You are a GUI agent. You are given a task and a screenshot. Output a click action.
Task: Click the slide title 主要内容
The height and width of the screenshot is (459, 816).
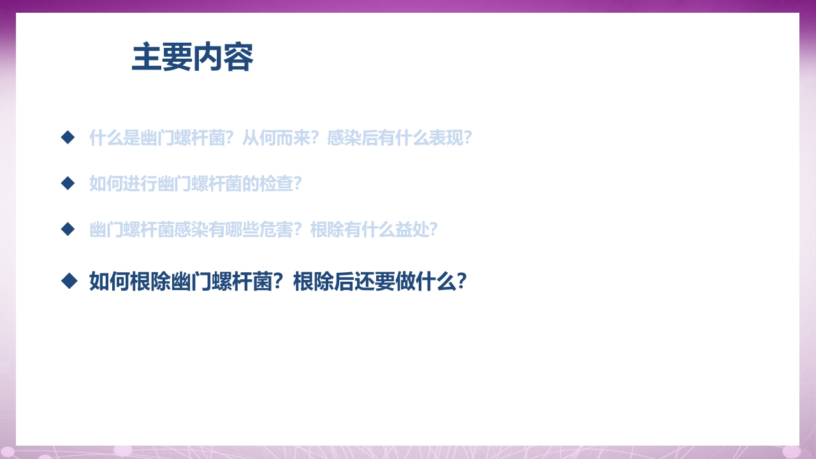click(x=193, y=58)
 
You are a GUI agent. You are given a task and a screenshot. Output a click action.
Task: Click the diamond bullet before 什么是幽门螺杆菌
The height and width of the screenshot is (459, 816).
click(x=68, y=137)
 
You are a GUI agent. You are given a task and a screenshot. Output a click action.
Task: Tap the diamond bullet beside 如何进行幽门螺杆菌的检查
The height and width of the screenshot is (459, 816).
click(x=68, y=184)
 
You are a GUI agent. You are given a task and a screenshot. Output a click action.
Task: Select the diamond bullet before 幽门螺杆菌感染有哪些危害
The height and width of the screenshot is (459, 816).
click(x=68, y=229)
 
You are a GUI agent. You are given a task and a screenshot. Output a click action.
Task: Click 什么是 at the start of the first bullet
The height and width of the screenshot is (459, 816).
click(x=110, y=138)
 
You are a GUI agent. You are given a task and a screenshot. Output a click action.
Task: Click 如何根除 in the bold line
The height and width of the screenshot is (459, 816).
click(x=129, y=281)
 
